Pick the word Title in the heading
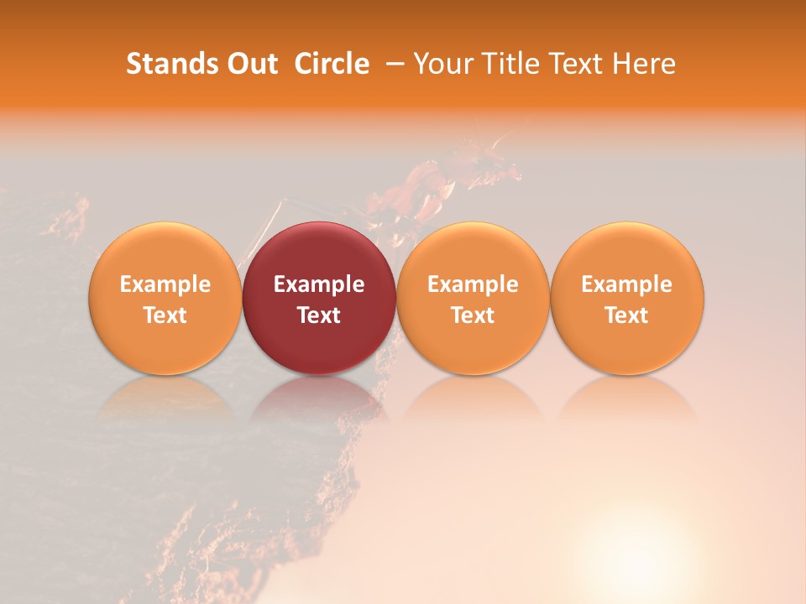coord(506,64)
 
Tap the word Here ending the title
coord(644,64)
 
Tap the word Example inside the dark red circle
coord(319,284)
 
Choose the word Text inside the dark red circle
coord(319,315)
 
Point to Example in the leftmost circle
coord(165,284)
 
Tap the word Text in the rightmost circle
coord(627,315)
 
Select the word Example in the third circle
coord(473,284)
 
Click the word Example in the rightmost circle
coord(627,284)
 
